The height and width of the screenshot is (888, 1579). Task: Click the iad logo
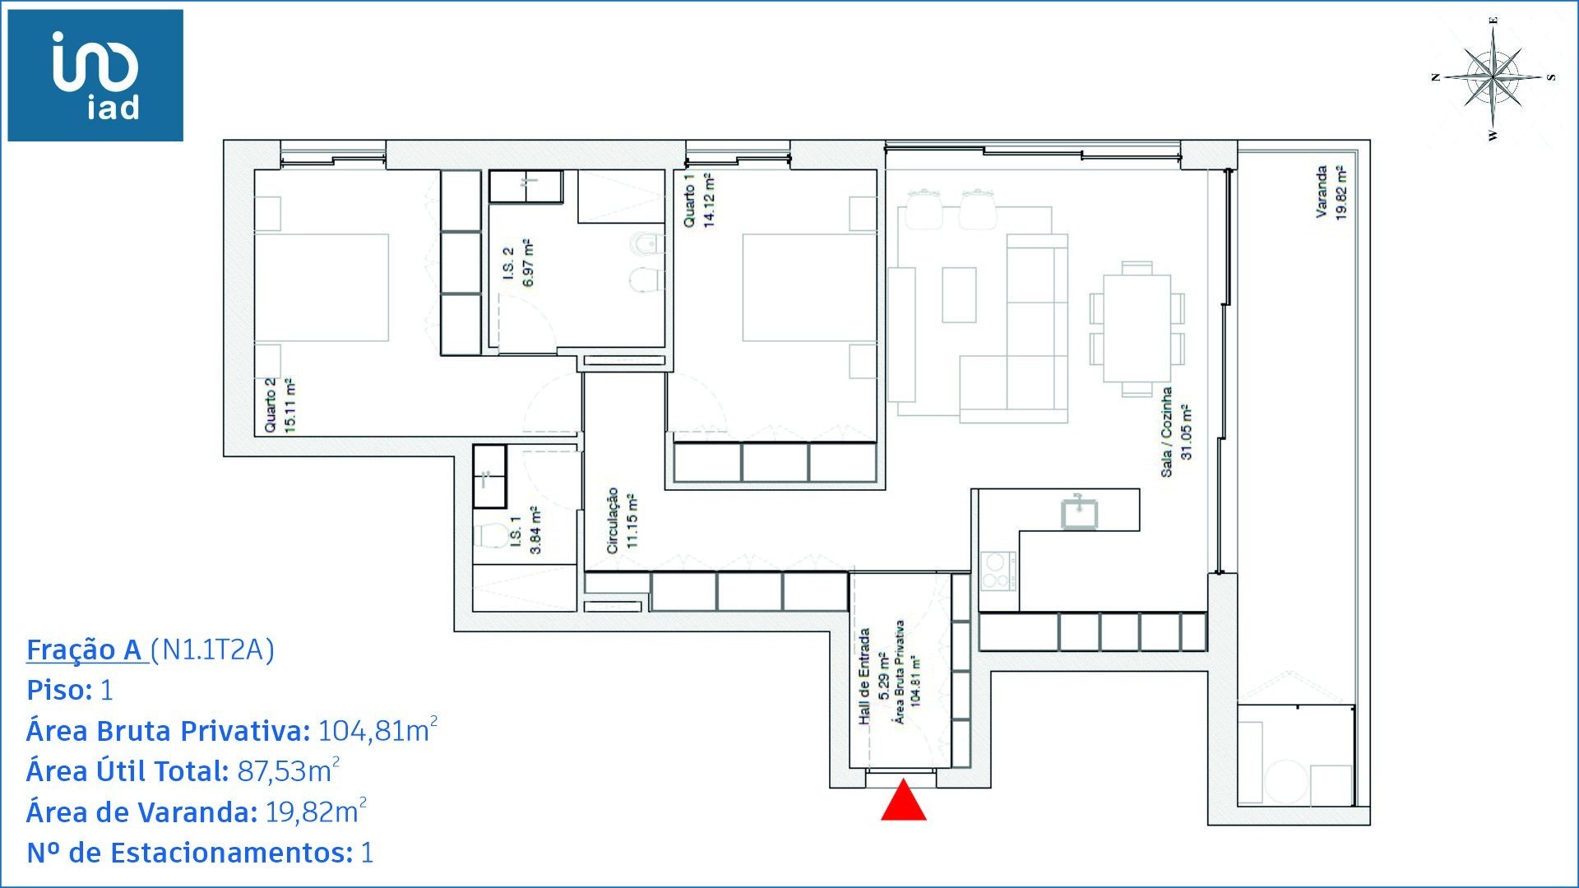pos(95,76)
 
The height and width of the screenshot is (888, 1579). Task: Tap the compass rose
pos(1493,77)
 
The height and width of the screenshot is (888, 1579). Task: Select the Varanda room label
pos(1330,192)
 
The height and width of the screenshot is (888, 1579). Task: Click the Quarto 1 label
pos(699,200)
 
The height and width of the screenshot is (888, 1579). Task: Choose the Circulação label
pos(621,520)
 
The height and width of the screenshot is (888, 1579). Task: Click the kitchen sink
pos(1079,511)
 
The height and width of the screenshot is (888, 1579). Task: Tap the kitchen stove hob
pos(998,571)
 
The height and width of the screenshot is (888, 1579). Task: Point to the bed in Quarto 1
pos(809,287)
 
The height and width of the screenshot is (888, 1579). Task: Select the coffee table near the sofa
pos(959,295)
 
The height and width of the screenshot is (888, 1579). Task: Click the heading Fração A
pos(86,650)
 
